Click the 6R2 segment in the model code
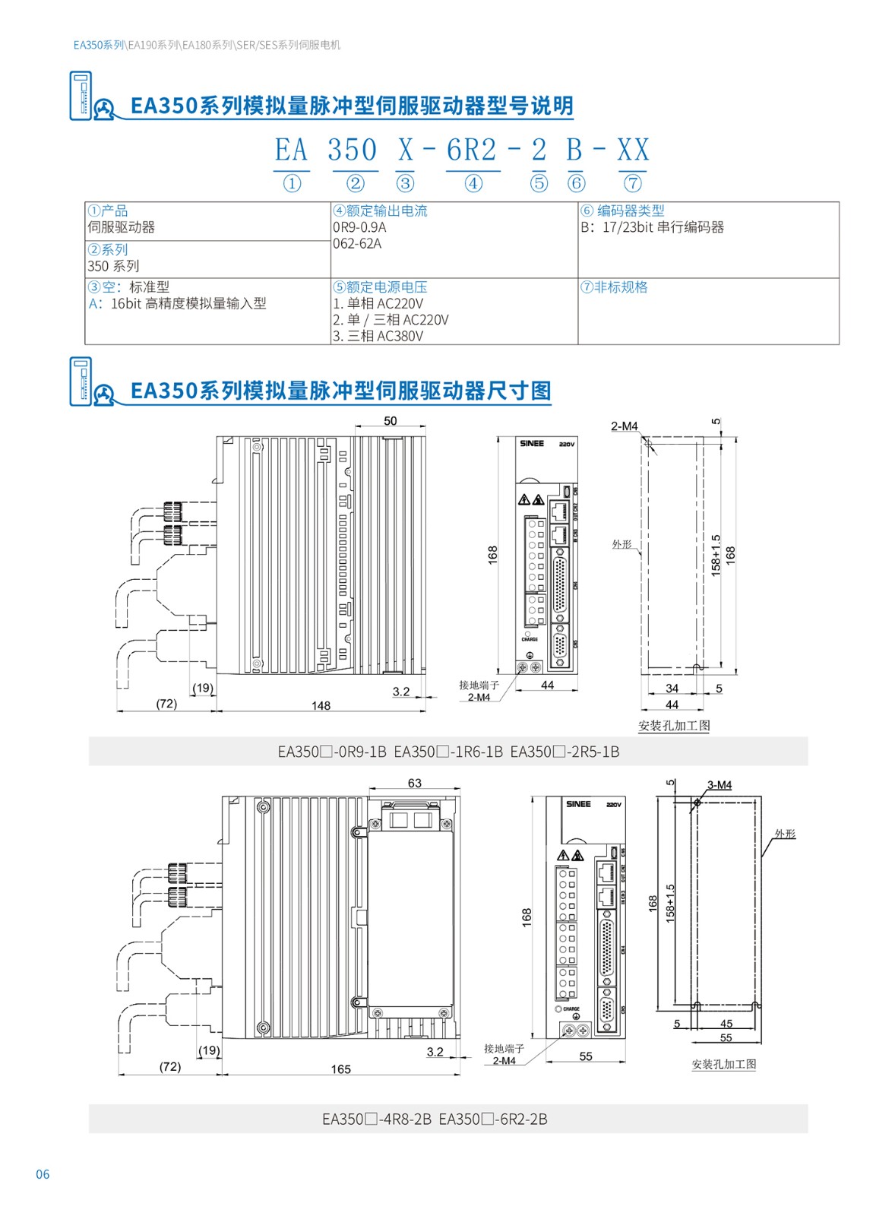[x=471, y=150]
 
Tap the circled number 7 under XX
[x=632, y=183]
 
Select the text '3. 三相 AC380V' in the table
[x=378, y=336]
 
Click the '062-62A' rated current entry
[x=357, y=244]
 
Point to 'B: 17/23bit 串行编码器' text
[x=652, y=227]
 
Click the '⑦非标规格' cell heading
[x=614, y=287]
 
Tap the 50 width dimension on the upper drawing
[x=390, y=421]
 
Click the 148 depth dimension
[x=321, y=706]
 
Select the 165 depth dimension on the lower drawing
[x=340, y=1069]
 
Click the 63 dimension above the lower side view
[x=414, y=784]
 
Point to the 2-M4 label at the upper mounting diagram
[x=624, y=426]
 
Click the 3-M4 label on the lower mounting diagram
[x=719, y=785]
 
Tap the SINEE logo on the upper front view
[x=532, y=444]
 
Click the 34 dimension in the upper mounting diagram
[x=672, y=689]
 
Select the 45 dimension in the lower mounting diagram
[x=726, y=1024]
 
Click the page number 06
[x=43, y=1174]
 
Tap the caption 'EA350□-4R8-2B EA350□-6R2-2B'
[x=435, y=1119]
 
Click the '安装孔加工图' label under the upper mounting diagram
[x=674, y=726]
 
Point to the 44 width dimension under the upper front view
[x=547, y=686]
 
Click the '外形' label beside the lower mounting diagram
[x=785, y=834]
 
